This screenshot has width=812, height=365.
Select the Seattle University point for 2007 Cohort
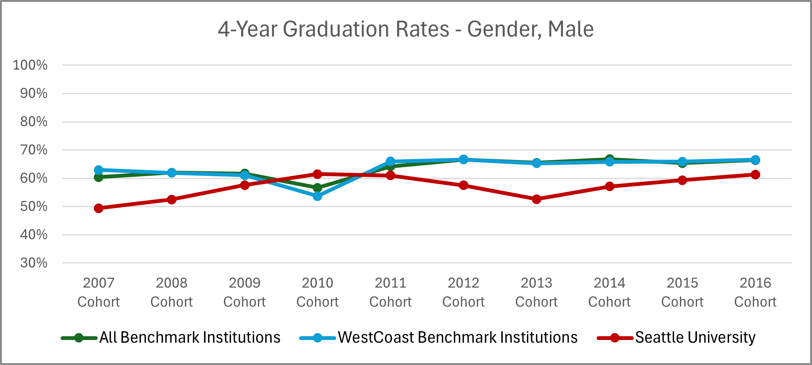pos(98,208)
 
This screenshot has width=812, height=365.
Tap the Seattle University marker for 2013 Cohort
pos(536,199)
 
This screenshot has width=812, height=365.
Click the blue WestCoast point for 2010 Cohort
pos(318,196)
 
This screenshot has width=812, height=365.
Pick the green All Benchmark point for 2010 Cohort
pos(318,188)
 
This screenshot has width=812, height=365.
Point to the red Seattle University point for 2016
pos(755,174)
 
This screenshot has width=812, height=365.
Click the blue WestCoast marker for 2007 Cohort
pos(98,170)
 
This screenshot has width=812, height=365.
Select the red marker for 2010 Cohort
pos(318,174)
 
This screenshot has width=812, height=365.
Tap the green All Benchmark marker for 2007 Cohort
pos(98,177)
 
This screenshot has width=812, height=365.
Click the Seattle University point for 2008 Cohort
pos(171,199)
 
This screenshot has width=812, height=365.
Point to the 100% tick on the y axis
pos(30,65)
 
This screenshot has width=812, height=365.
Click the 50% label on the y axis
pos(34,207)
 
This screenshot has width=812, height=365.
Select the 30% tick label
pos(34,263)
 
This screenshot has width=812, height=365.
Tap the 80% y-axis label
pos(34,122)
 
